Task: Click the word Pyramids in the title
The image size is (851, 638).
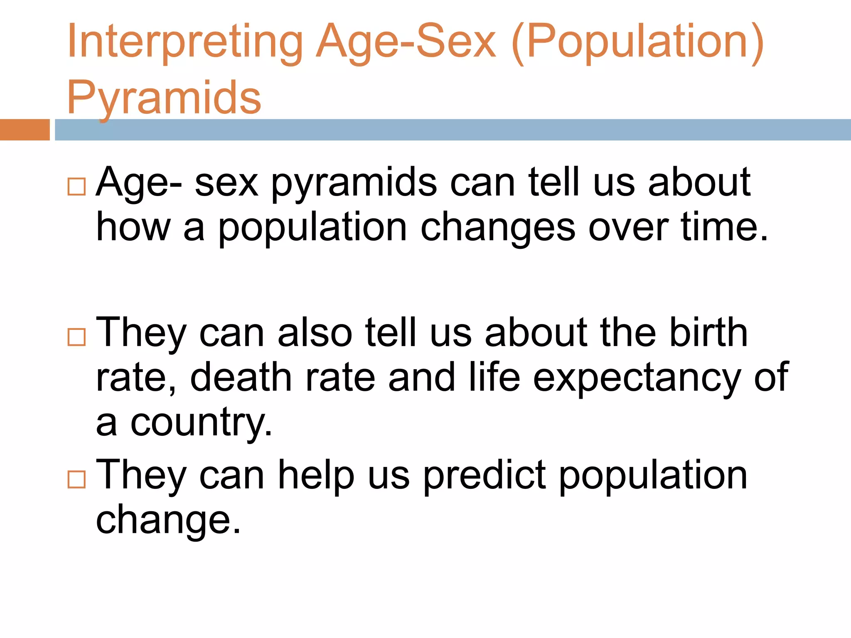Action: [x=164, y=98]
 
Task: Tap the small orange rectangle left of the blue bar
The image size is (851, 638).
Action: [x=25, y=130]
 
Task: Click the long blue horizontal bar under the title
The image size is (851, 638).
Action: [x=453, y=130]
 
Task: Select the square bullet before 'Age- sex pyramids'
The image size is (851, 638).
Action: [x=76, y=186]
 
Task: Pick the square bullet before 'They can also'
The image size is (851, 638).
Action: [x=76, y=337]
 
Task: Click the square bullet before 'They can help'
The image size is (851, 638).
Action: [x=76, y=479]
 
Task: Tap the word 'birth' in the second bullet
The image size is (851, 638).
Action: [x=708, y=332]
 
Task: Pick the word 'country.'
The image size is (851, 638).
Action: [x=201, y=424]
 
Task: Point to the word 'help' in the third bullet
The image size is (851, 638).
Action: [x=316, y=476]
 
